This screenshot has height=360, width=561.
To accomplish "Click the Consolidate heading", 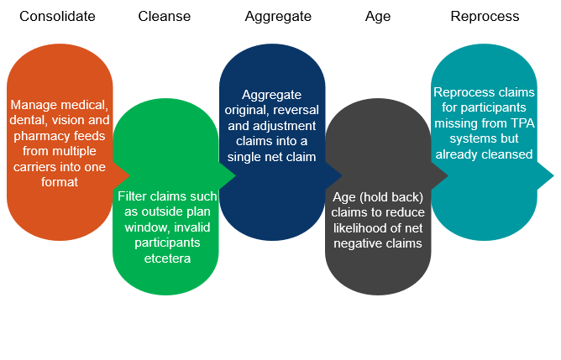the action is point(57,17).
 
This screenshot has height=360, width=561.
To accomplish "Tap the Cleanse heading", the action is point(165,17).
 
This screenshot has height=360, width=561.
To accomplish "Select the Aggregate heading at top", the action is point(278,17).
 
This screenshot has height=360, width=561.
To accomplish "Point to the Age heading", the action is point(378,17).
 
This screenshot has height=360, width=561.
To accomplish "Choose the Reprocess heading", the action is point(485,17).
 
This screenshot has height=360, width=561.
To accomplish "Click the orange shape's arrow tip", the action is point(129,175).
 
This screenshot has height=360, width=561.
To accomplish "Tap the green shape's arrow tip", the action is point(235,175).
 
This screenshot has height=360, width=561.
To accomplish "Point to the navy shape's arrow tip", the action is point(342,175).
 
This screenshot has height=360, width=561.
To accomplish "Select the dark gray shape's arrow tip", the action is point(448,175).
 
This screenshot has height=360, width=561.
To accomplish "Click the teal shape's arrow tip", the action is point(553,175).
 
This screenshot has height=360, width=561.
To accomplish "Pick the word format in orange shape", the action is point(60,182).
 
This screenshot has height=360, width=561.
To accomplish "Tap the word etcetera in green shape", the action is point(167,258).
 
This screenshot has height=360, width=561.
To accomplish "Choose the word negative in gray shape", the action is point(358,244).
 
